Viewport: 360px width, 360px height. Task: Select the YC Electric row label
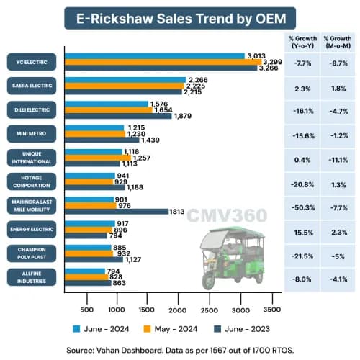(x=32, y=61)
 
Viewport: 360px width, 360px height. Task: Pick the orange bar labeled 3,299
(x=163, y=63)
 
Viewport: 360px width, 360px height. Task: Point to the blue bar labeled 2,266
(x=125, y=80)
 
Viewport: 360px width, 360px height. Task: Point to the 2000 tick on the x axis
(x=178, y=310)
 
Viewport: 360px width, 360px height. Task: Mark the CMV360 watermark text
(x=227, y=215)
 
